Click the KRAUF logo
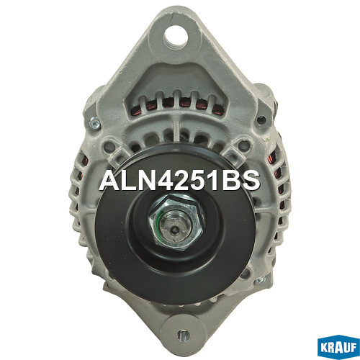pyautogui.click(x=338, y=348)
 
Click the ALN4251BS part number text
pyautogui.click(x=180, y=181)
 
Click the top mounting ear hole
pyautogui.click(x=176, y=38)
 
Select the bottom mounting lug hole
pyautogui.click(x=184, y=335)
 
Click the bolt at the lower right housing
pyautogui.click(x=261, y=280)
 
